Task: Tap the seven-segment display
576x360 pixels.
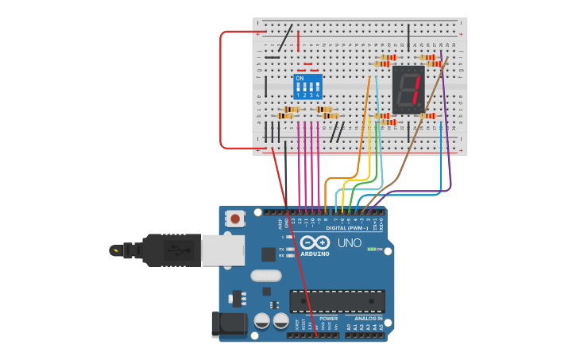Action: click(x=408, y=89)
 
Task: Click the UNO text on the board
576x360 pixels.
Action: click(x=349, y=243)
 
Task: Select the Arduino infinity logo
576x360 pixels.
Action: click(x=315, y=243)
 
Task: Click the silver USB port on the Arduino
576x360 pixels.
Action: click(x=222, y=250)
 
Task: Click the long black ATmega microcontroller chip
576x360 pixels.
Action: click(x=337, y=301)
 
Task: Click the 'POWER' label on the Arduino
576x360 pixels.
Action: click(x=328, y=319)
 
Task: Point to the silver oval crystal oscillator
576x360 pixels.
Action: click(x=265, y=276)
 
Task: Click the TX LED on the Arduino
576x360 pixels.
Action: click(x=289, y=250)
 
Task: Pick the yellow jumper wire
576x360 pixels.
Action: click(x=370, y=151)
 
